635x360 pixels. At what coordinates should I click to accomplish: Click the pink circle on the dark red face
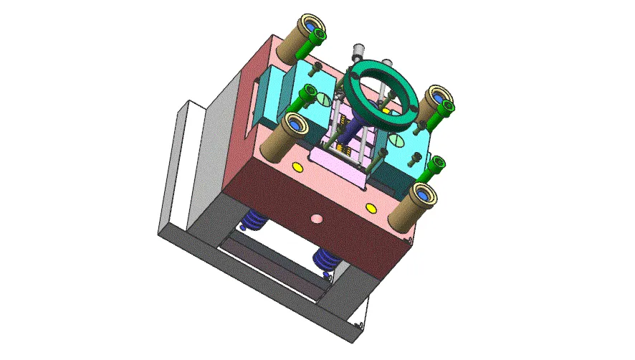point(315,218)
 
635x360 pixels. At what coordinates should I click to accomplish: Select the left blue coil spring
point(252,219)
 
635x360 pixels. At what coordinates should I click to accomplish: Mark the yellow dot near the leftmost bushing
point(297,167)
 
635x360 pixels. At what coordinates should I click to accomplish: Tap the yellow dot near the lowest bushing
point(371,208)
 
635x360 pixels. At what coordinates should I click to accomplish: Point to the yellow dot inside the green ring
point(386,111)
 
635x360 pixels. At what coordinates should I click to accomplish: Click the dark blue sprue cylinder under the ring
point(351,131)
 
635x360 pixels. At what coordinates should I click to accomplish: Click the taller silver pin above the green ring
point(356,54)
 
